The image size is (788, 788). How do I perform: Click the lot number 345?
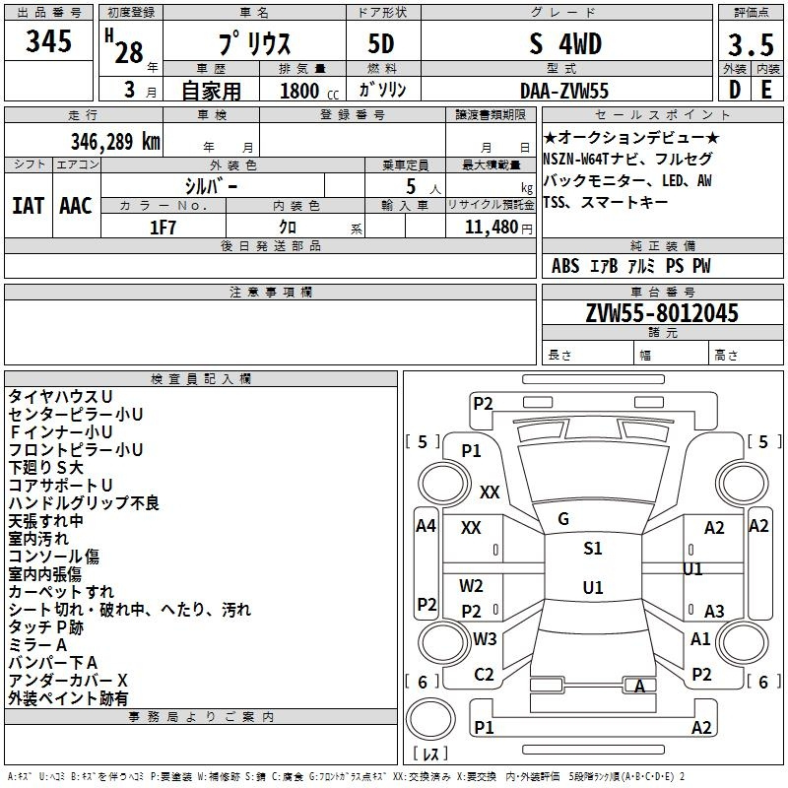(49, 41)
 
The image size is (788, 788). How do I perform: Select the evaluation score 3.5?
(750, 46)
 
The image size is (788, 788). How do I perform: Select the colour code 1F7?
(163, 227)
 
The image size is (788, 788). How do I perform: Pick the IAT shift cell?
(28, 206)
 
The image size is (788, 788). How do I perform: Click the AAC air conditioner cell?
(75, 206)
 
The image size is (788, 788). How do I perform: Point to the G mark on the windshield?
(563, 519)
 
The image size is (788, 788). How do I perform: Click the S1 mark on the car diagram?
(592, 549)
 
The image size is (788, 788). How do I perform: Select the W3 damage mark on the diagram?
(484, 638)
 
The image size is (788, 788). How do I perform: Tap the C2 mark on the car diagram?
(484, 675)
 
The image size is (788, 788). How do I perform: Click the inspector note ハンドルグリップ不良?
(84, 503)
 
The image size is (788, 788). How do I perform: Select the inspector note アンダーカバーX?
(68, 681)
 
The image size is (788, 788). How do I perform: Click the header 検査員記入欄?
(201, 378)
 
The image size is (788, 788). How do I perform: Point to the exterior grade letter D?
(734, 91)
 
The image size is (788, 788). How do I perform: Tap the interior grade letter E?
(766, 91)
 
